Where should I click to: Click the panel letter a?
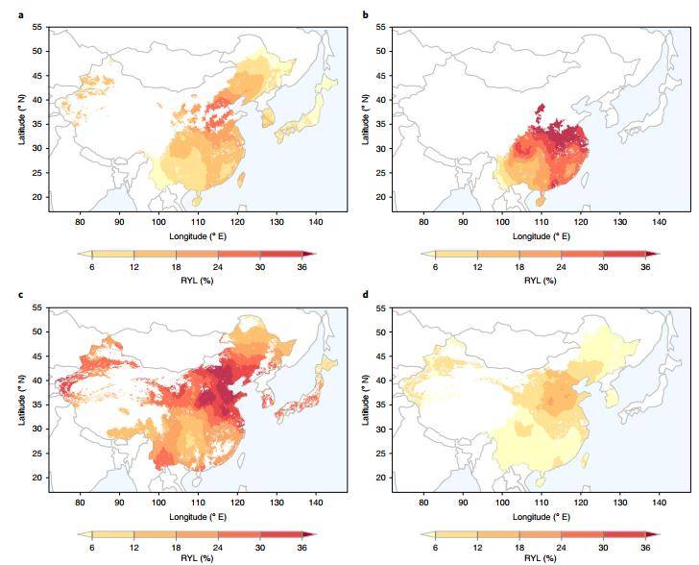[x=21, y=12]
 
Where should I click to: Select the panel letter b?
[x=366, y=12]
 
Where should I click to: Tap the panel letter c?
[x=21, y=292]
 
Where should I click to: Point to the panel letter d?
[x=366, y=292]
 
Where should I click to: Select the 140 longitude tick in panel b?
[x=660, y=222]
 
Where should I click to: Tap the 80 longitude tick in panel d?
[x=423, y=503]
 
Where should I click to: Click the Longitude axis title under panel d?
[x=542, y=516]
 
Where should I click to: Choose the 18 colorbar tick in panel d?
[x=520, y=549]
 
